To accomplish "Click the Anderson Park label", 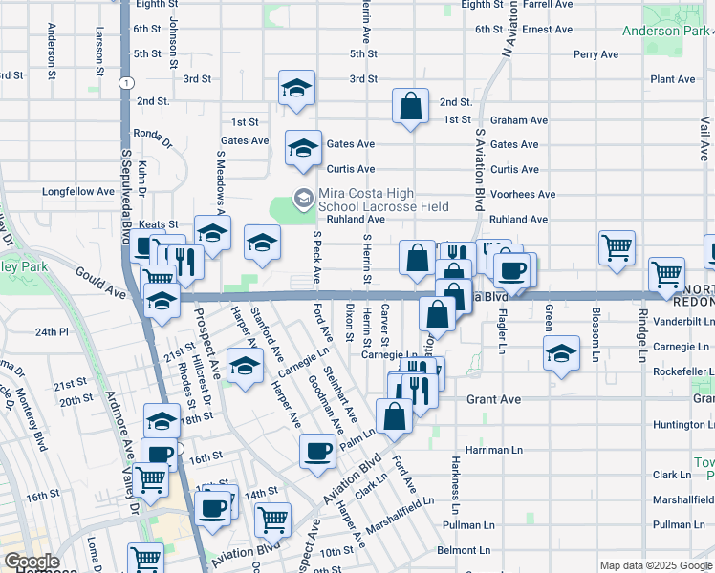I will tap(664, 31).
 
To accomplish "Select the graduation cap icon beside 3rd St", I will tap(297, 90).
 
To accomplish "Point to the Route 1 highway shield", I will tap(125, 84).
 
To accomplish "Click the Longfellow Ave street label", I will tap(77, 192).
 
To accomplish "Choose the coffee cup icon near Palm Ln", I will tap(317, 451).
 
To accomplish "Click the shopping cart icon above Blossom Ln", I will tap(617, 247).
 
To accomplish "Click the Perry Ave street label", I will tap(596, 54).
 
